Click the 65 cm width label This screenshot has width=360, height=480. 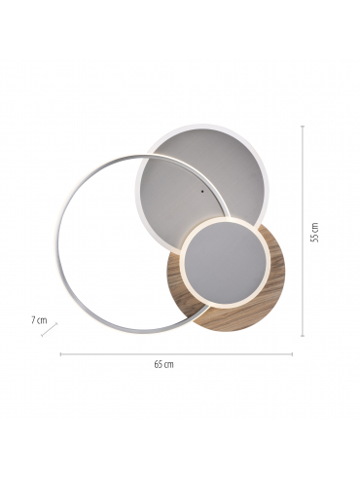[x=163, y=364]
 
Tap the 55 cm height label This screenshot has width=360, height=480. [x=314, y=233]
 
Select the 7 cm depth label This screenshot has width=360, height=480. [x=39, y=320]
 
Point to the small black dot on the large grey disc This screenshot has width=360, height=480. [x=202, y=191]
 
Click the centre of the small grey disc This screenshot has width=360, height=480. [x=225, y=263]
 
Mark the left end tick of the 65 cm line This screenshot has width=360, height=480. [x=60, y=354]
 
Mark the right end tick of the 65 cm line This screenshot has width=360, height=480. [x=292, y=354]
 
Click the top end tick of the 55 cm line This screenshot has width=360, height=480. [x=303, y=126]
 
